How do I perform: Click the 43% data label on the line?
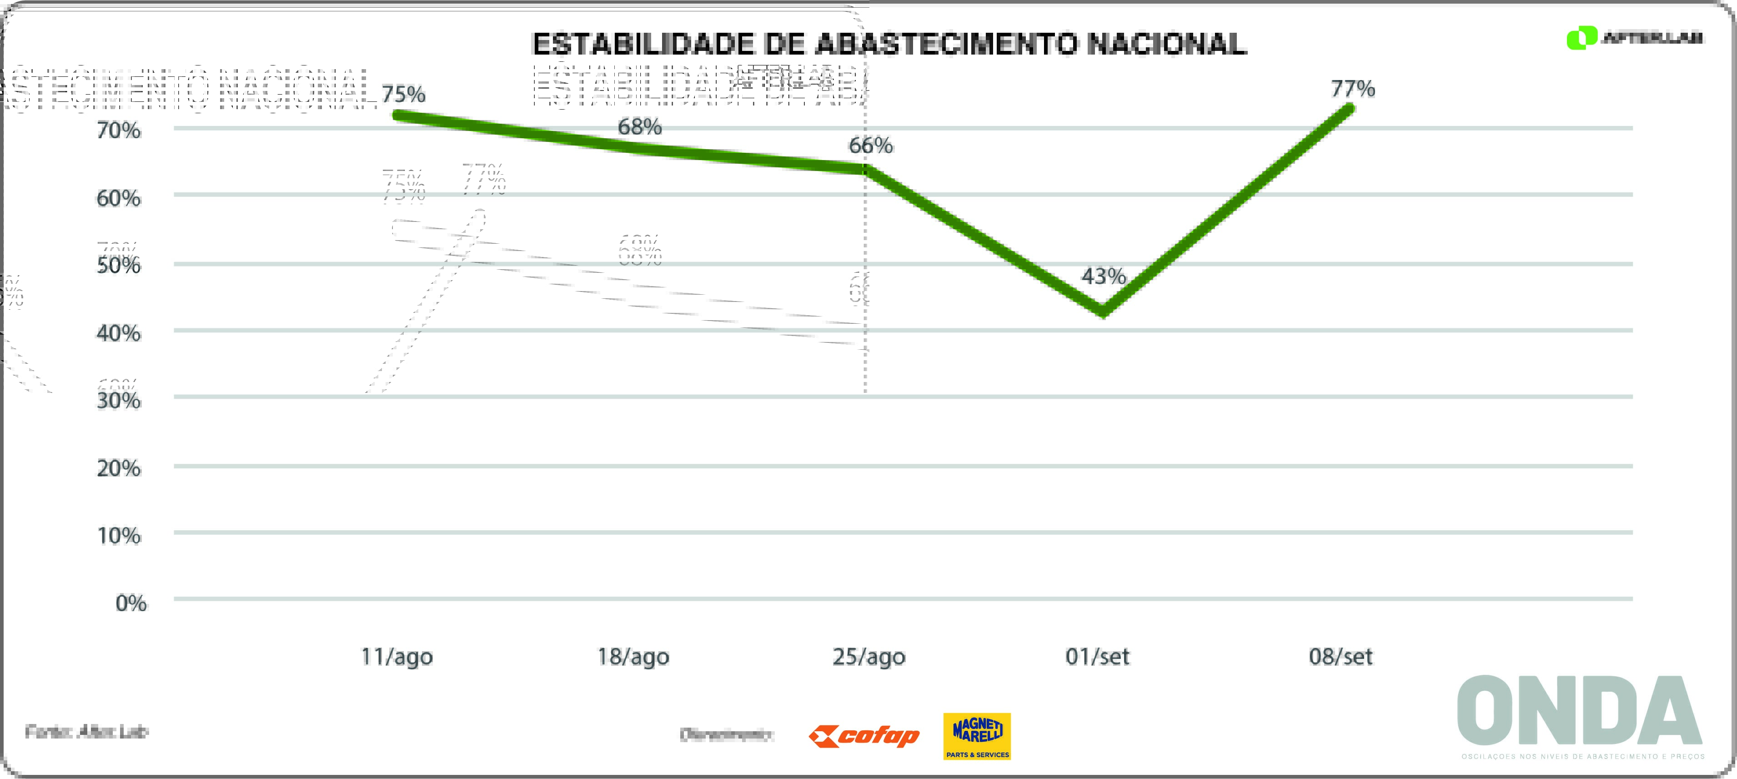click(1103, 276)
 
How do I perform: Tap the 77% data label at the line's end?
click(1353, 88)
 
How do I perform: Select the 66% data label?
click(870, 145)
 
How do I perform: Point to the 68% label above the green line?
click(639, 126)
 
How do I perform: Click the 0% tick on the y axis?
click(131, 602)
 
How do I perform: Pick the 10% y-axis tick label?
click(119, 536)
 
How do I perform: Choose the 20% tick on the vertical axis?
click(119, 468)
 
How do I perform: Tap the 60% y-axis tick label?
click(119, 198)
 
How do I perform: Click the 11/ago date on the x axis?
click(397, 656)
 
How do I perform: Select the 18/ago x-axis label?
click(633, 656)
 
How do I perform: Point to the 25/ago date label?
click(868, 656)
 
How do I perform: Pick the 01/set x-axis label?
click(1097, 656)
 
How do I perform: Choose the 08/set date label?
click(1340, 656)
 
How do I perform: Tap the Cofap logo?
click(864, 736)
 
